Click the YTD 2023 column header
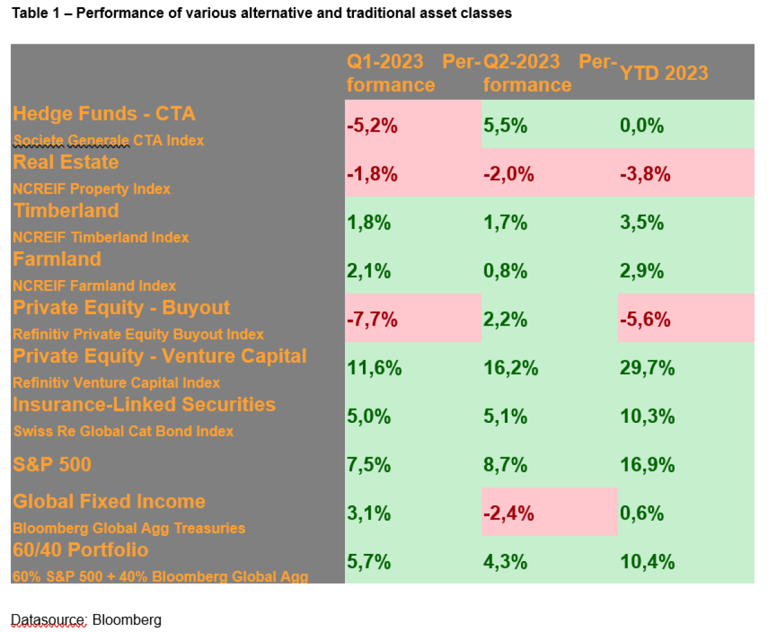pyautogui.click(x=664, y=73)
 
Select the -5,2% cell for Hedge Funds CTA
pyautogui.click(x=372, y=126)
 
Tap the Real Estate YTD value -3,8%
pyautogui.click(x=645, y=175)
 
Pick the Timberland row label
pyautogui.click(x=66, y=210)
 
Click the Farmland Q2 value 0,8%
pyautogui.click(x=505, y=272)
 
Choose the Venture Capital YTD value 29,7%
pyautogui.click(x=648, y=368)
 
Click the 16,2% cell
pyautogui.click(x=511, y=368)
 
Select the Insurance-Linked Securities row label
pyautogui.click(x=144, y=404)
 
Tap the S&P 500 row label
pyautogui.click(x=52, y=464)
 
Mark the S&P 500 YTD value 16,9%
pyautogui.click(x=648, y=465)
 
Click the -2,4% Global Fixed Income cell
pyautogui.click(x=509, y=514)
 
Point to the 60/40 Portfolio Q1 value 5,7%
pyautogui.click(x=369, y=562)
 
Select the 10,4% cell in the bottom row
pyautogui.click(x=648, y=562)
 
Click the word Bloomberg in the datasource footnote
pyautogui.click(x=127, y=619)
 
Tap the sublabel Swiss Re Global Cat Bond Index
pyautogui.click(x=124, y=431)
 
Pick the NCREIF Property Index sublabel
pyautogui.click(x=92, y=189)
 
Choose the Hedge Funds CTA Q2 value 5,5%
pyautogui.click(x=505, y=126)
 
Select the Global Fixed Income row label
pyautogui.click(x=109, y=501)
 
